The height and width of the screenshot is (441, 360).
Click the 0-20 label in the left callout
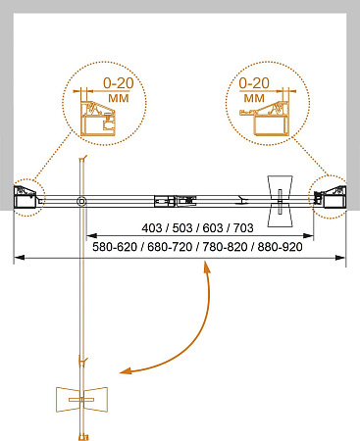click(x=119, y=83)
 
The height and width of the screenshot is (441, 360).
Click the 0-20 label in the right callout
click(x=254, y=83)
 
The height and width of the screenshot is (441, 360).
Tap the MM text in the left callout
click(x=119, y=98)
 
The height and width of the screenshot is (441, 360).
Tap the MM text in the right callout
click(x=254, y=98)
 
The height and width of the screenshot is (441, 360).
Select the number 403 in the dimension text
click(x=152, y=228)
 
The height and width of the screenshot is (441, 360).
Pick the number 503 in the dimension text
click(x=182, y=228)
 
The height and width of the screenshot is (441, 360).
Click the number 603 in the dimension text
click(x=213, y=228)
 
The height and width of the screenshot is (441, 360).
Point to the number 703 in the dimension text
click(x=243, y=228)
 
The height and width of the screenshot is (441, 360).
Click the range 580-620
click(x=115, y=247)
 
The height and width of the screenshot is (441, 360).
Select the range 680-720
click(x=170, y=247)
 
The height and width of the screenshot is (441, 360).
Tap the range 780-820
click(x=225, y=247)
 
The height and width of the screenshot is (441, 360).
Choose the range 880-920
click(x=281, y=247)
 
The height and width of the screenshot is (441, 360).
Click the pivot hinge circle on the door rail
click(x=81, y=201)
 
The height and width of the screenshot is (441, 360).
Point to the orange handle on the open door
click(x=81, y=400)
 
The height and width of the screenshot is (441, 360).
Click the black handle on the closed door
click(x=280, y=201)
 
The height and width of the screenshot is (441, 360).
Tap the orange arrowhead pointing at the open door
click(x=126, y=370)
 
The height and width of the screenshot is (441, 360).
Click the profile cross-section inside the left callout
click(x=98, y=120)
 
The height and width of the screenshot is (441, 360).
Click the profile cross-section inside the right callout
click(x=265, y=119)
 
